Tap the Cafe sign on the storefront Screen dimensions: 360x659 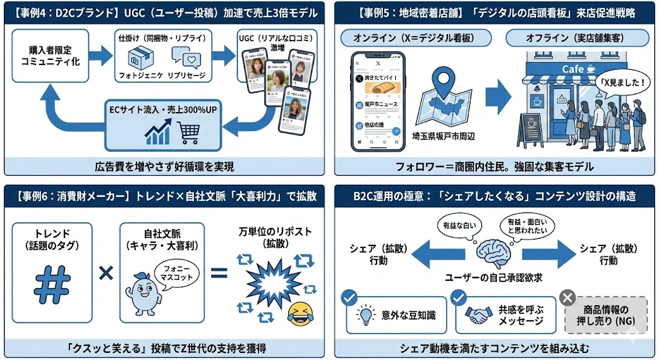click(578, 69)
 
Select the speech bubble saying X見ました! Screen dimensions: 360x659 click(620, 82)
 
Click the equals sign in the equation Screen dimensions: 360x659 click(219, 273)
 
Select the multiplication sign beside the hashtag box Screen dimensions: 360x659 click(106, 272)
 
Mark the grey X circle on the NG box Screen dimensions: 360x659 click(568, 297)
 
